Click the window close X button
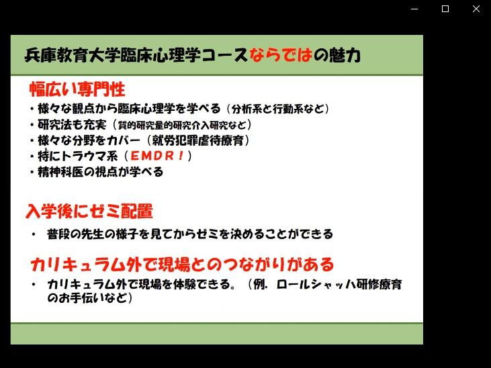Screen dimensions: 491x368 tap(476, 9)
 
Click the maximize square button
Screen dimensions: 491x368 tap(445, 9)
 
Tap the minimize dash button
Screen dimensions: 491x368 tap(414, 9)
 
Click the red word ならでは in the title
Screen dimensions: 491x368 tap(281, 55)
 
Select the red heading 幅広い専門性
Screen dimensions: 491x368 tap(77, 89)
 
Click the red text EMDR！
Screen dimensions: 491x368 tap(157, 156)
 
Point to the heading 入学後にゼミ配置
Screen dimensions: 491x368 tap(89, 211)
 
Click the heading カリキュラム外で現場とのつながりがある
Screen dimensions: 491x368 tap(183, 265)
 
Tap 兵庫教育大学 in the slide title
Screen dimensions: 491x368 tap(72, 55)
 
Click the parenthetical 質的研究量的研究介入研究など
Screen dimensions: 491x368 tap(182, 125)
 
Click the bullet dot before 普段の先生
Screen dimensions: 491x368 tap(34, 234)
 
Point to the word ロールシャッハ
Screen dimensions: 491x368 tap(316, 284)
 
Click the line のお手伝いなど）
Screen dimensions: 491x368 tap(90, 298)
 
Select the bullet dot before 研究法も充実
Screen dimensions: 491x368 tap(32, 125)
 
